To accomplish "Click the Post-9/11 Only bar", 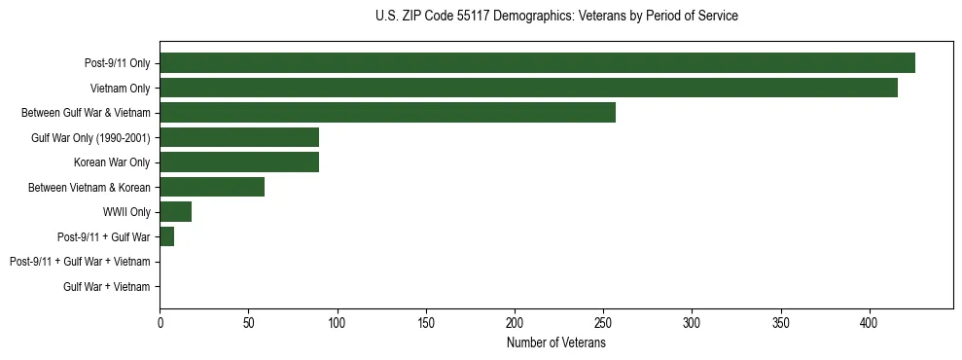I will [537, 63].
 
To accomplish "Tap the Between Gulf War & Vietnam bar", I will [387, 113].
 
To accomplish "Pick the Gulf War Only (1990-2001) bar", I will [239, 137].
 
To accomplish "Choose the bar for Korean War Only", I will [239, 162].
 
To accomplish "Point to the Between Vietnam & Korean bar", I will [212, 187].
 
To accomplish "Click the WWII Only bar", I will [176, 211].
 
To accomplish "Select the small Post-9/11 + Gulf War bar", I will [166, 236].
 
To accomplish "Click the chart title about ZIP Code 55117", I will [556, 17].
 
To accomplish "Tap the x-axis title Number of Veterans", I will [556, 343].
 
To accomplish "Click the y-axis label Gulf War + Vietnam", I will [107, 286].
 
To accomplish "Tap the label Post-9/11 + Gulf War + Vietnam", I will [80, 262].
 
